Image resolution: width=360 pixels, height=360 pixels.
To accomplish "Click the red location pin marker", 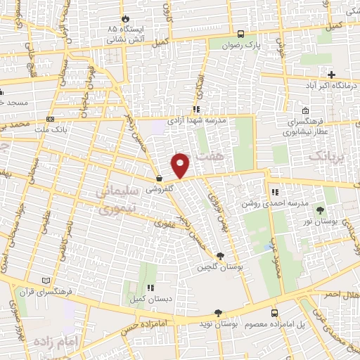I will (181, 165).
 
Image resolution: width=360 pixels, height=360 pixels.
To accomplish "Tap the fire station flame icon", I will (125, 19).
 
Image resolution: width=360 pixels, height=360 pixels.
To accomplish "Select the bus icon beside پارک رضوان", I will (241, 33).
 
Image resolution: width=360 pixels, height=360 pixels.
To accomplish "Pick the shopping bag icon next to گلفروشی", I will (160, 178).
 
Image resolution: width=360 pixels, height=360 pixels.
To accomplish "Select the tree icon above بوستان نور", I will (321, 210).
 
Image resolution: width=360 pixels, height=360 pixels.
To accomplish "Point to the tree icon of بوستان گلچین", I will (221, 256).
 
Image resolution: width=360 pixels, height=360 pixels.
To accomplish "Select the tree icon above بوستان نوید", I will (218, 313).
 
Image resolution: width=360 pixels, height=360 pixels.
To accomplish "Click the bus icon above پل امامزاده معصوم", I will (274, 313).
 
